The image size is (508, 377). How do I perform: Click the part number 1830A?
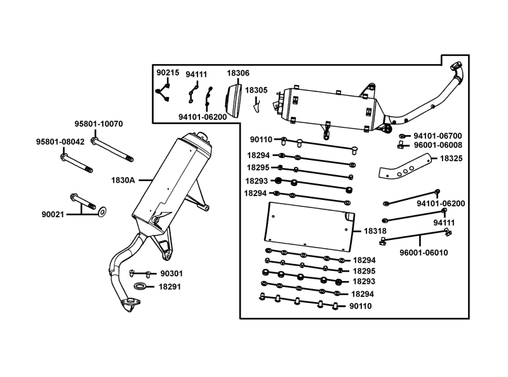[x=123, y=180]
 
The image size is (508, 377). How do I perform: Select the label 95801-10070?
[x=99, y=124]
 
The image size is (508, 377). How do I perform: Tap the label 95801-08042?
[x=60, y=142]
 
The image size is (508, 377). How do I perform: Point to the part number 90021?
[x=53, y=215]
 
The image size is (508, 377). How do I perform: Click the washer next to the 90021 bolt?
[x=102, y=212]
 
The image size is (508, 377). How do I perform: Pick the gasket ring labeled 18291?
[x=140, y=286]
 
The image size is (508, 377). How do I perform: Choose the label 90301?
[x=171, y=274]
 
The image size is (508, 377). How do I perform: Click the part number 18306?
[x=238, y=73]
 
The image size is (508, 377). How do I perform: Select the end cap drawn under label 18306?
[x=233, y=100]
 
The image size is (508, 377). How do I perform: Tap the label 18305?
[x=257, y=90]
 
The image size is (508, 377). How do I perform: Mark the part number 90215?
[x=168, y=72]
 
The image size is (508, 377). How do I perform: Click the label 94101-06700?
[x=438, y=136]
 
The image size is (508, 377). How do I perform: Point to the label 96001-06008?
[x=438, y=145]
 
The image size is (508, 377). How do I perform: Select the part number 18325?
[x=451, y=159]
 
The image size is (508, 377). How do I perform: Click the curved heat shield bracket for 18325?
[x=405, y=167]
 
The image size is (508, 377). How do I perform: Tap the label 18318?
[x=375, y=231]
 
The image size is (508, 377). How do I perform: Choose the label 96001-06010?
[x=424, y=253]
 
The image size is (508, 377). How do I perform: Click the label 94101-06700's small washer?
[x=402, y=136]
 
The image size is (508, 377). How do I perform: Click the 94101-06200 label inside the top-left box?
[x=203, y=117]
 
